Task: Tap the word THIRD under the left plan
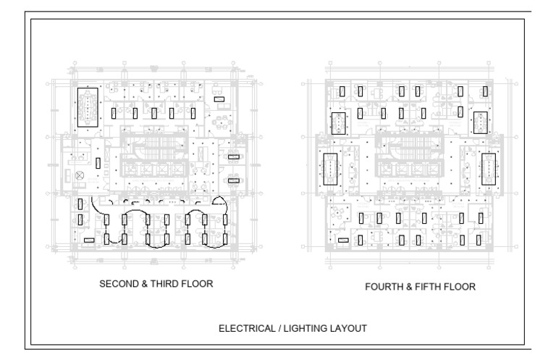[x=164, y=284]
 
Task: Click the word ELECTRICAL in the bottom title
[x=247, y=328]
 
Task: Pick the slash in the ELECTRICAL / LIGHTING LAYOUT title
[x=279, y=328]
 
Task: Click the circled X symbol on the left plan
[x=80, y=175]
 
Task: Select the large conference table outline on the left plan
[x=88, y=107]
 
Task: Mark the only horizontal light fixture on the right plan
[x=343, y=240]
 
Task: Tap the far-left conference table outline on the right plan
[x=330, y=169]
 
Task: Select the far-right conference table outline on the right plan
[x=488, y=169]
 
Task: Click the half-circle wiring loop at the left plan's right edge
[x=219, y=201]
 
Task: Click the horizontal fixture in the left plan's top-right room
[x=219, y=99]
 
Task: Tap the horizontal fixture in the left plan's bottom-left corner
[x=89, y=240]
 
